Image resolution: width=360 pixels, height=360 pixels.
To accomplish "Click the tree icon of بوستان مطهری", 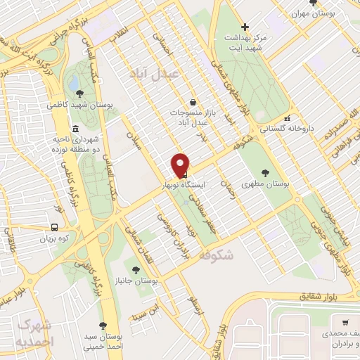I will [265, 172].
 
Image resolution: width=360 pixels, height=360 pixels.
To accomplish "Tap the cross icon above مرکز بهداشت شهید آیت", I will [245, 27].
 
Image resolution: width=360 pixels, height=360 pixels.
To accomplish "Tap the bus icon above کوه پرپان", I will [54, 228].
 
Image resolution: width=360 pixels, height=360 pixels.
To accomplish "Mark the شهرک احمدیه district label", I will [34, 333].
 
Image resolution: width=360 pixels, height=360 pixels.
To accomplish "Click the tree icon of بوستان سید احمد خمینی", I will [103, 325].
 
